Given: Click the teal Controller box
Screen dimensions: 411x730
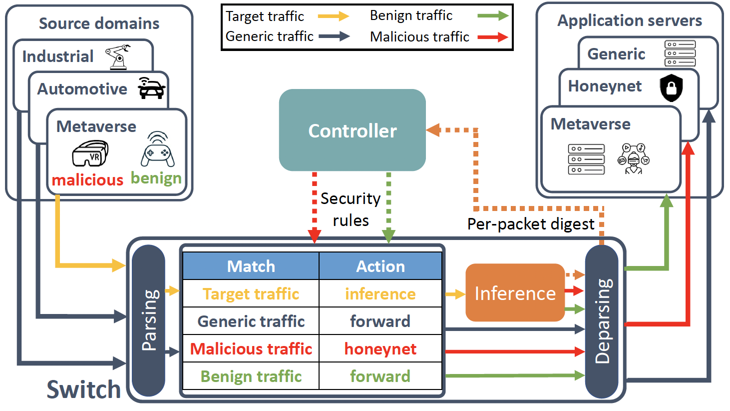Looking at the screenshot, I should tap(352, 130).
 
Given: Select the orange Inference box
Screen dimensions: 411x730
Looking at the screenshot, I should tap(515, 293).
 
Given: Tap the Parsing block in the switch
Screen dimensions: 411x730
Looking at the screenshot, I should tap(148, 320).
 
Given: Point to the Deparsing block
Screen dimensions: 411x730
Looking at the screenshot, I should tap(602, 320).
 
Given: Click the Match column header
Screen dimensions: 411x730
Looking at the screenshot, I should tap(251, 266).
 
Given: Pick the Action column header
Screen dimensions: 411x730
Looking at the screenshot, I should tap(380, 266).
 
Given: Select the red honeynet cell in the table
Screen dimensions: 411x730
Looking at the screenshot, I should tap(380, 348).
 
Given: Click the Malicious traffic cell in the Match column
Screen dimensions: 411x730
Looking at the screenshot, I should tap(251, 348).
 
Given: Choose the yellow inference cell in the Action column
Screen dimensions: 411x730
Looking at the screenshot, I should tap(380, 293).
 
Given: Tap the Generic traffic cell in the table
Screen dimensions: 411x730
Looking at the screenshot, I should tap(251, 321).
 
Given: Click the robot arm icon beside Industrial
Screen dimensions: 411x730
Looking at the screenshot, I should tap(118, 56).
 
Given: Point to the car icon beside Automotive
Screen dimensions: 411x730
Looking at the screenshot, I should tap(151, 88).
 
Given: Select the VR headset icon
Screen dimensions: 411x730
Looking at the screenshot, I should tap(90, 153).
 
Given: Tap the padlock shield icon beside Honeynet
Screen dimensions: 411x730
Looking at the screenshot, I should tap(671, 87).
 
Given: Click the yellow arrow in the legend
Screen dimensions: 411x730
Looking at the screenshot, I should tap(334, 16).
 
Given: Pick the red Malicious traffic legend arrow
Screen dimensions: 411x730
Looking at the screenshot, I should tap(492, 37).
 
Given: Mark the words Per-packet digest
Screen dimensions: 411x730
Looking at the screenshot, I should tap(530, 224).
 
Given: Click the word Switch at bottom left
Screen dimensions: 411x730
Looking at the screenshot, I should tap(84, 389).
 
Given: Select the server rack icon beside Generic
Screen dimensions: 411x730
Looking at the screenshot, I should tap(680, 53).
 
